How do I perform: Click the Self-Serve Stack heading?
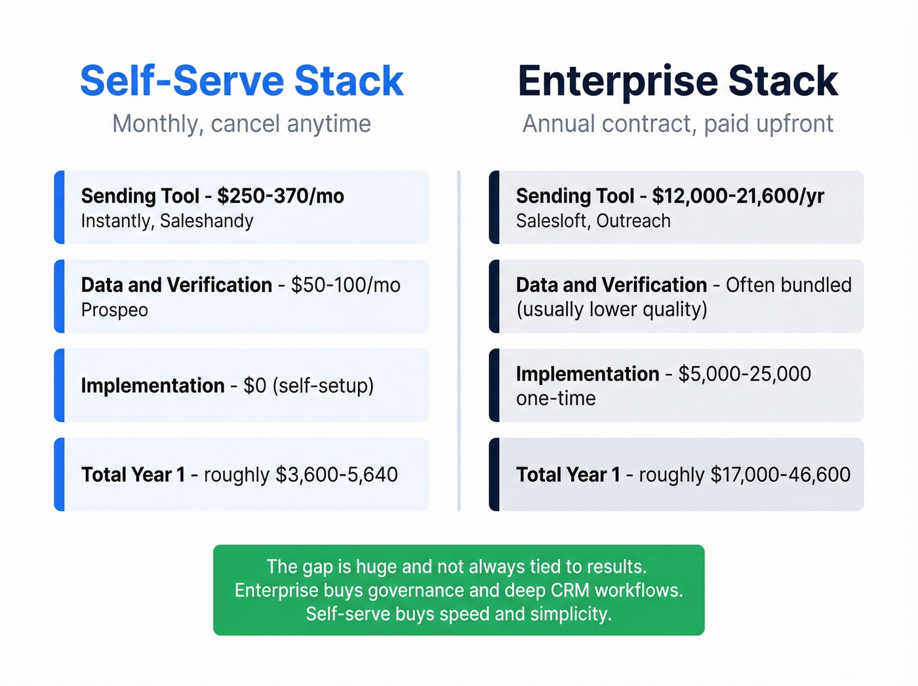pyautogui.click(x=241, y=81)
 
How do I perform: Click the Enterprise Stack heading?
pyautogui.click(x=677, y=81)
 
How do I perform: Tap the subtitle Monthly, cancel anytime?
pyautogui.click(x=241, y=123)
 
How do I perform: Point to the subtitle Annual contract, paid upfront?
pyautogui.click(x=677, y=123)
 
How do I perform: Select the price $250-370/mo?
pyautogui.click(x=281, y=196)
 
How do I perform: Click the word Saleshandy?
pyautogui.click(x=207, y=221)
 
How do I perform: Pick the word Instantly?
pyautogui.click(x=116, y=221)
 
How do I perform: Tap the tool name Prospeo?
pyautogui.click(x=115, y=310)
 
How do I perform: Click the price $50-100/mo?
pyautogui.click(x=346, y=285)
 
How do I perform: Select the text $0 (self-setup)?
pyautogui.click(x=308, y=385)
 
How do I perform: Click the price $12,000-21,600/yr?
pyautogui.click(x=738, y=196)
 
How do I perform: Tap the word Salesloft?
pyautogui.click(x=552, y=221)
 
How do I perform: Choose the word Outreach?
pyautogui.click(x=633, y=221)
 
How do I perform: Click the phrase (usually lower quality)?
pyautogui.click(x=612, y=309)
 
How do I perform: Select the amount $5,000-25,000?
pyautogui.click(x=744, y=374)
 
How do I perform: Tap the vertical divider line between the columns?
pyautogui.click(x=459, y=341)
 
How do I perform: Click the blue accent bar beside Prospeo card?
pyautogui.click(x=59, y=296)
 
